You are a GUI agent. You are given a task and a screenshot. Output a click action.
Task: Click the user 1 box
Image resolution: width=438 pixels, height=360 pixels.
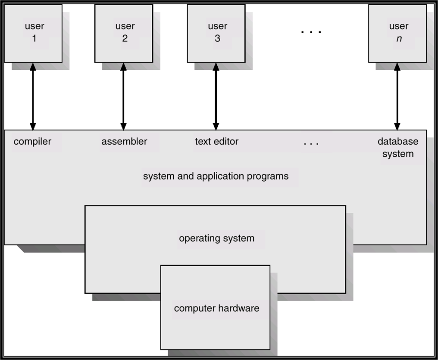[33, 33]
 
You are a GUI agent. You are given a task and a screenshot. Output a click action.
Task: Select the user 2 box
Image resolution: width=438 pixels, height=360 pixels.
[124, 33]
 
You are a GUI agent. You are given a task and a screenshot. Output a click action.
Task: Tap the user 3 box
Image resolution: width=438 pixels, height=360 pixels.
[216, 33]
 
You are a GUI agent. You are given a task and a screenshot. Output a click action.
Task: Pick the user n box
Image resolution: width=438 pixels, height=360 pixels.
[397, 33]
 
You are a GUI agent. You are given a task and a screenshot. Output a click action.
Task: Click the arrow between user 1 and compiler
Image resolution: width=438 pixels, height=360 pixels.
[33, 96]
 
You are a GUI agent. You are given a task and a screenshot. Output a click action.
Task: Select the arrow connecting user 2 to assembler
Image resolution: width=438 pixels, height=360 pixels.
[123, 96]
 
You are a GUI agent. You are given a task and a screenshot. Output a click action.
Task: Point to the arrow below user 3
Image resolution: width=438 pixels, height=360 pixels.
[216, 96]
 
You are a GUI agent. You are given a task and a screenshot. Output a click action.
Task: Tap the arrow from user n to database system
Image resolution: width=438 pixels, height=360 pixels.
[397, 96]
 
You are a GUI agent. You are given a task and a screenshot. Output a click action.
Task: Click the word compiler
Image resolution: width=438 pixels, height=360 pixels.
[32, 142]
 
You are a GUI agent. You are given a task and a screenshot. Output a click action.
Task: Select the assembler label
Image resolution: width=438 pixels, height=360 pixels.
[124, 142]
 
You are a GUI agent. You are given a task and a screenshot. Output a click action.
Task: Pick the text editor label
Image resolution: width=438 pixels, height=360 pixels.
[216, 141]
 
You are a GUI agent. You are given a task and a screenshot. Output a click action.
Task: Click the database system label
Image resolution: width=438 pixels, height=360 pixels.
[397, 148]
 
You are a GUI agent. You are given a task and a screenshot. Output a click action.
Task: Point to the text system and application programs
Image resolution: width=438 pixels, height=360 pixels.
[216, 177]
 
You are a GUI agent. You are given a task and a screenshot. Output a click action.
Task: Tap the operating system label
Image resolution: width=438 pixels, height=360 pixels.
[216, 239]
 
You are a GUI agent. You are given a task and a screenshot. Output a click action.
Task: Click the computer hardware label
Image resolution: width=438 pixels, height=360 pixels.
[216, 308]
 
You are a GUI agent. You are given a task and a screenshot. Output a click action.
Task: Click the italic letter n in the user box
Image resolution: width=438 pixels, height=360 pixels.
[399, 38]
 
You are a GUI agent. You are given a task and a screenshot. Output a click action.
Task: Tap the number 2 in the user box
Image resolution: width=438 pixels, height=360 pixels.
[125, 38]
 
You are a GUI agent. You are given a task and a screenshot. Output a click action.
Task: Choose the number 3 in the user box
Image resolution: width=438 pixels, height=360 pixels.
[217, 38]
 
